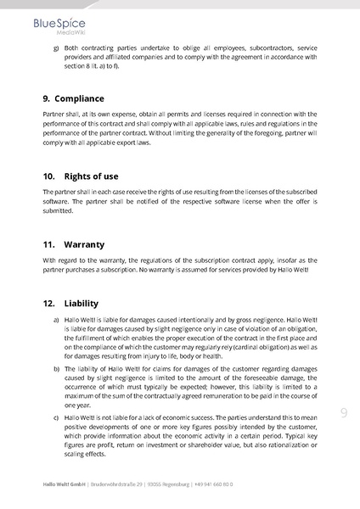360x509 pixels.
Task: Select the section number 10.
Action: click(48, 176)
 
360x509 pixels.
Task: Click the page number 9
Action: click(344, 413)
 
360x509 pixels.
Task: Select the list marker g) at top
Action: click(55, 48)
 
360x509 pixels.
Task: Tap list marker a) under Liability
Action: click(55, 320)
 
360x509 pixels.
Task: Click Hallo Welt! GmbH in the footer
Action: click(65, 484)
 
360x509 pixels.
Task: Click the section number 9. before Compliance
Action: click(47, 98)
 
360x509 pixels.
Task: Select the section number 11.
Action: click(48, 243)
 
